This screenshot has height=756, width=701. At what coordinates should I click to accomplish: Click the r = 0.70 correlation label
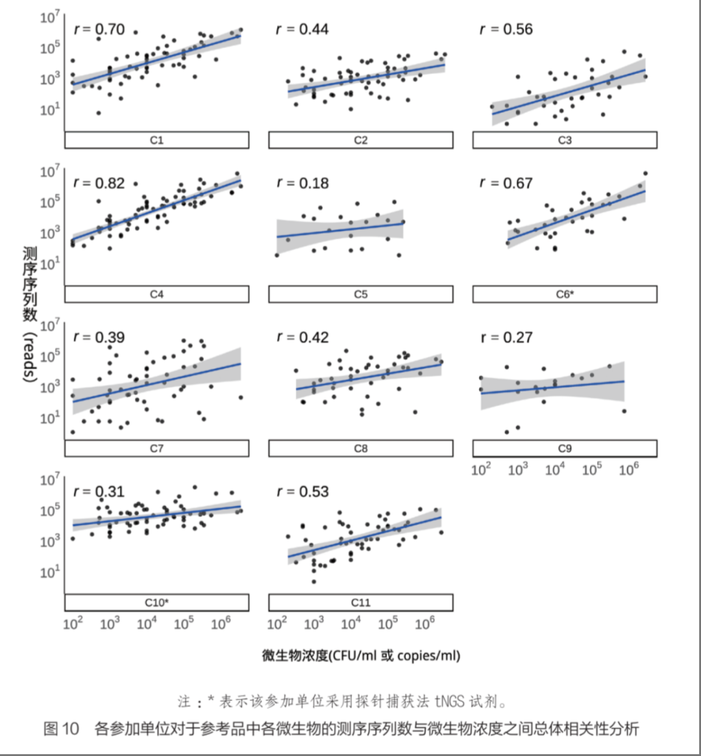click(99, 29)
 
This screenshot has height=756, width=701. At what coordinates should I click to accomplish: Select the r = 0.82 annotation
click(99, 183)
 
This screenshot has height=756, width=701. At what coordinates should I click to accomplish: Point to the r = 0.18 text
click(302, 183)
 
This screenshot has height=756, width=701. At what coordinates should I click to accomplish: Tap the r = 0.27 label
click(506, 338)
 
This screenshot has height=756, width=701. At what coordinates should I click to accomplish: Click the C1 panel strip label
click(156, 140)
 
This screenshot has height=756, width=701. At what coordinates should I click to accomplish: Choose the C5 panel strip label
click(360, 294)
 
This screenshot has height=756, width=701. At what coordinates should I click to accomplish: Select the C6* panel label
click(565, 294)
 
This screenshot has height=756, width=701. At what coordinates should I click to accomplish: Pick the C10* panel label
click(156, 603)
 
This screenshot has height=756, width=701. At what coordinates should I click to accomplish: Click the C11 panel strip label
click(360, 603)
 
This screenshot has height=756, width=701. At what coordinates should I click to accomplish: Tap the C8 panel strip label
click(360, 448)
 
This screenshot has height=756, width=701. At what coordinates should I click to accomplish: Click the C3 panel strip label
click(565, 140)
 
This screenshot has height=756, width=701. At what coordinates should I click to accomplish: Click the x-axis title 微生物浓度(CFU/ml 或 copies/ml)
click(361, 655)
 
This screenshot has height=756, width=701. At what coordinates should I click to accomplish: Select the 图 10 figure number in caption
click(61, 729)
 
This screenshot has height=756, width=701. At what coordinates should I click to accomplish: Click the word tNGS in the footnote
click(449, 701)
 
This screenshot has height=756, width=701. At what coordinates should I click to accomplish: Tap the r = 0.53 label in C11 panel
click(302, 492)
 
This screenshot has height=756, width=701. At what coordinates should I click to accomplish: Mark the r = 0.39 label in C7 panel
click(99, 338)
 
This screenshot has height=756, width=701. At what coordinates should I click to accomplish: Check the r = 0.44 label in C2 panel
click(302, 29)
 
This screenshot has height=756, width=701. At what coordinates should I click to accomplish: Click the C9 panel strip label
click(565, 448)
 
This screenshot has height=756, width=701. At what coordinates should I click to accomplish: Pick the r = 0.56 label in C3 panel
click(506, 29)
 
